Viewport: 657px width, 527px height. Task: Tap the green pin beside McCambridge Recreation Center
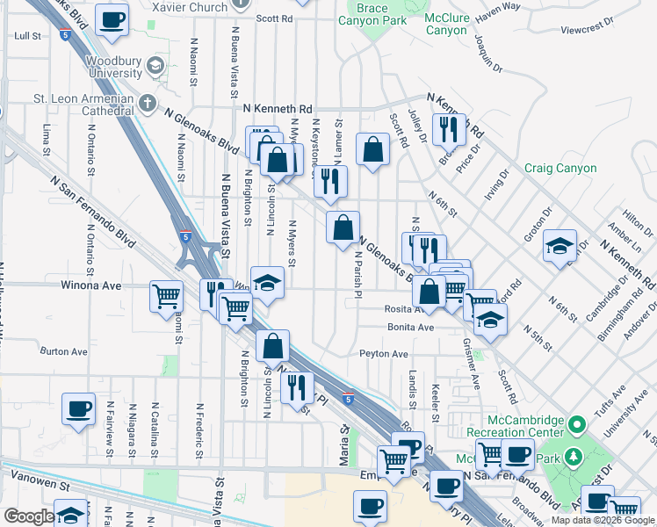(x=576, y=425)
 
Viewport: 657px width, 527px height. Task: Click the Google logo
(x=28, y=516)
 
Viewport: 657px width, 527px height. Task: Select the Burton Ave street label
(x=64, y=351)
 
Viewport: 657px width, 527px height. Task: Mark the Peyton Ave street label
(x=384, y=354)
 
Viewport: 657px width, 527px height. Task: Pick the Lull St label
(x=28, y=36)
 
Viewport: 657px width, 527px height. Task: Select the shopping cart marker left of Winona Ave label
(x=166, y=296)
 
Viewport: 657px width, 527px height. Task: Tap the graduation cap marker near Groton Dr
(x=559, y=247)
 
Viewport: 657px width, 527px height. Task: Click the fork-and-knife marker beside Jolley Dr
(x=450, y=129)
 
